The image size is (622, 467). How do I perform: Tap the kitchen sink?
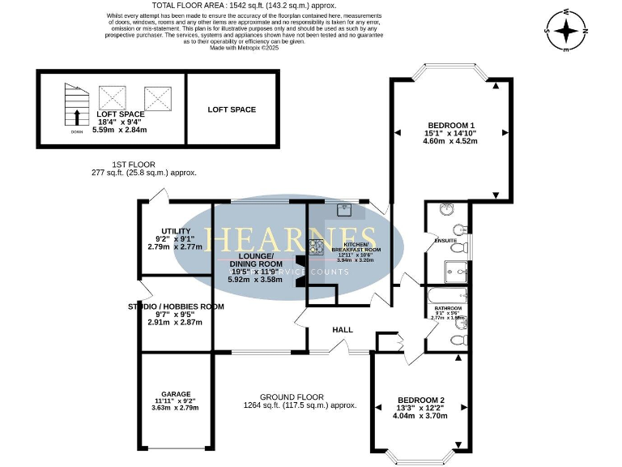click(346, 210)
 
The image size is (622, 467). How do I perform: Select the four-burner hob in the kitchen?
click(315, 248)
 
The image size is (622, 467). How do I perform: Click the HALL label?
click(343, 330)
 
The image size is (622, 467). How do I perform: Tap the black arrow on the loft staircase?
click(77, 118)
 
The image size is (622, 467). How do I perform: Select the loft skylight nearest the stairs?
click(113, 98)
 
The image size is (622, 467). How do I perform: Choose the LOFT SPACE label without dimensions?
click(232, 109)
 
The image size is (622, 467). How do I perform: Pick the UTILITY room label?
click(176, 231)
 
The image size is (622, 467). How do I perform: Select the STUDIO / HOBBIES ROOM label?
click(175, 306)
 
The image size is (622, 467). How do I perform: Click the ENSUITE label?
click(445, 241)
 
